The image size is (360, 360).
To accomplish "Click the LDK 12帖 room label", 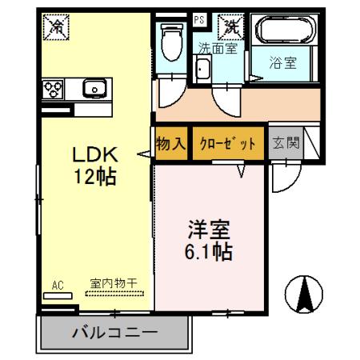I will pos(97,165).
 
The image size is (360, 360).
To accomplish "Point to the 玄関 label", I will pos(286,144).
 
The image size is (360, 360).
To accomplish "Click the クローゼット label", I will pos(228,144).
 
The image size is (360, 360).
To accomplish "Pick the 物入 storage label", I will pos(171,144).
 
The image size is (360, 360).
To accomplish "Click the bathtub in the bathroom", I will pos(286,31).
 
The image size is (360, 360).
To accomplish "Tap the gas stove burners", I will pos(54,87).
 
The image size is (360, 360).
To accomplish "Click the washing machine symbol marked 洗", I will pos(232,25).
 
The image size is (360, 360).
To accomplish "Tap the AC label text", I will pos(57,283).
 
